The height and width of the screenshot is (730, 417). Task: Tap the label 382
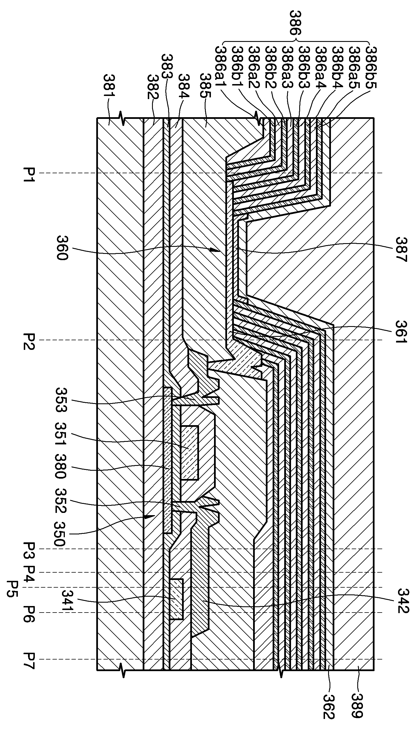tap(153, 87)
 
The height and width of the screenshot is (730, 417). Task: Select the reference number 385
tap(205, 85)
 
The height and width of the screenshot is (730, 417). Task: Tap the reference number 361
tap(401, 333)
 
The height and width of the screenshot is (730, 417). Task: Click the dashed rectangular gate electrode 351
tap(189, 453)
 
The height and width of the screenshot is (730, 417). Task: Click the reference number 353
tap(61, 400)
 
